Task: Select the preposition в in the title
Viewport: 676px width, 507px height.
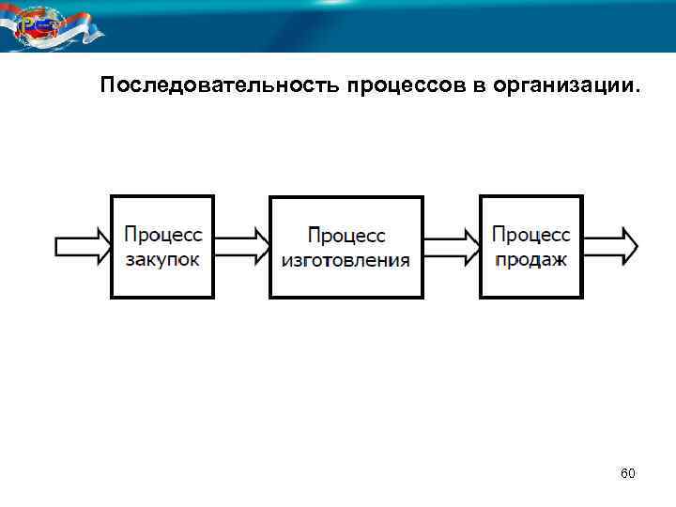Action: pos(479,87)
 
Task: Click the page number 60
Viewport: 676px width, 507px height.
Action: pos(628,474)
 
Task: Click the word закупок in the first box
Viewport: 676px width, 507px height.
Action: pos(162,259)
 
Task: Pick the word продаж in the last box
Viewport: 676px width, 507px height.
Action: pos(530,259)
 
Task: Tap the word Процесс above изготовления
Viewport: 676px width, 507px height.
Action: pos(346,235)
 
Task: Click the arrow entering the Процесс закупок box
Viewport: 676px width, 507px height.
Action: pos(83,247)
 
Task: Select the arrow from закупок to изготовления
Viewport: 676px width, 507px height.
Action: pos(242,247)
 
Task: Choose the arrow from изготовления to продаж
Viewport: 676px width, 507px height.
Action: pos(452,247)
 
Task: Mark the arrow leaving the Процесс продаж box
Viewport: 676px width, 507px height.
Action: pos(611,247)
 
